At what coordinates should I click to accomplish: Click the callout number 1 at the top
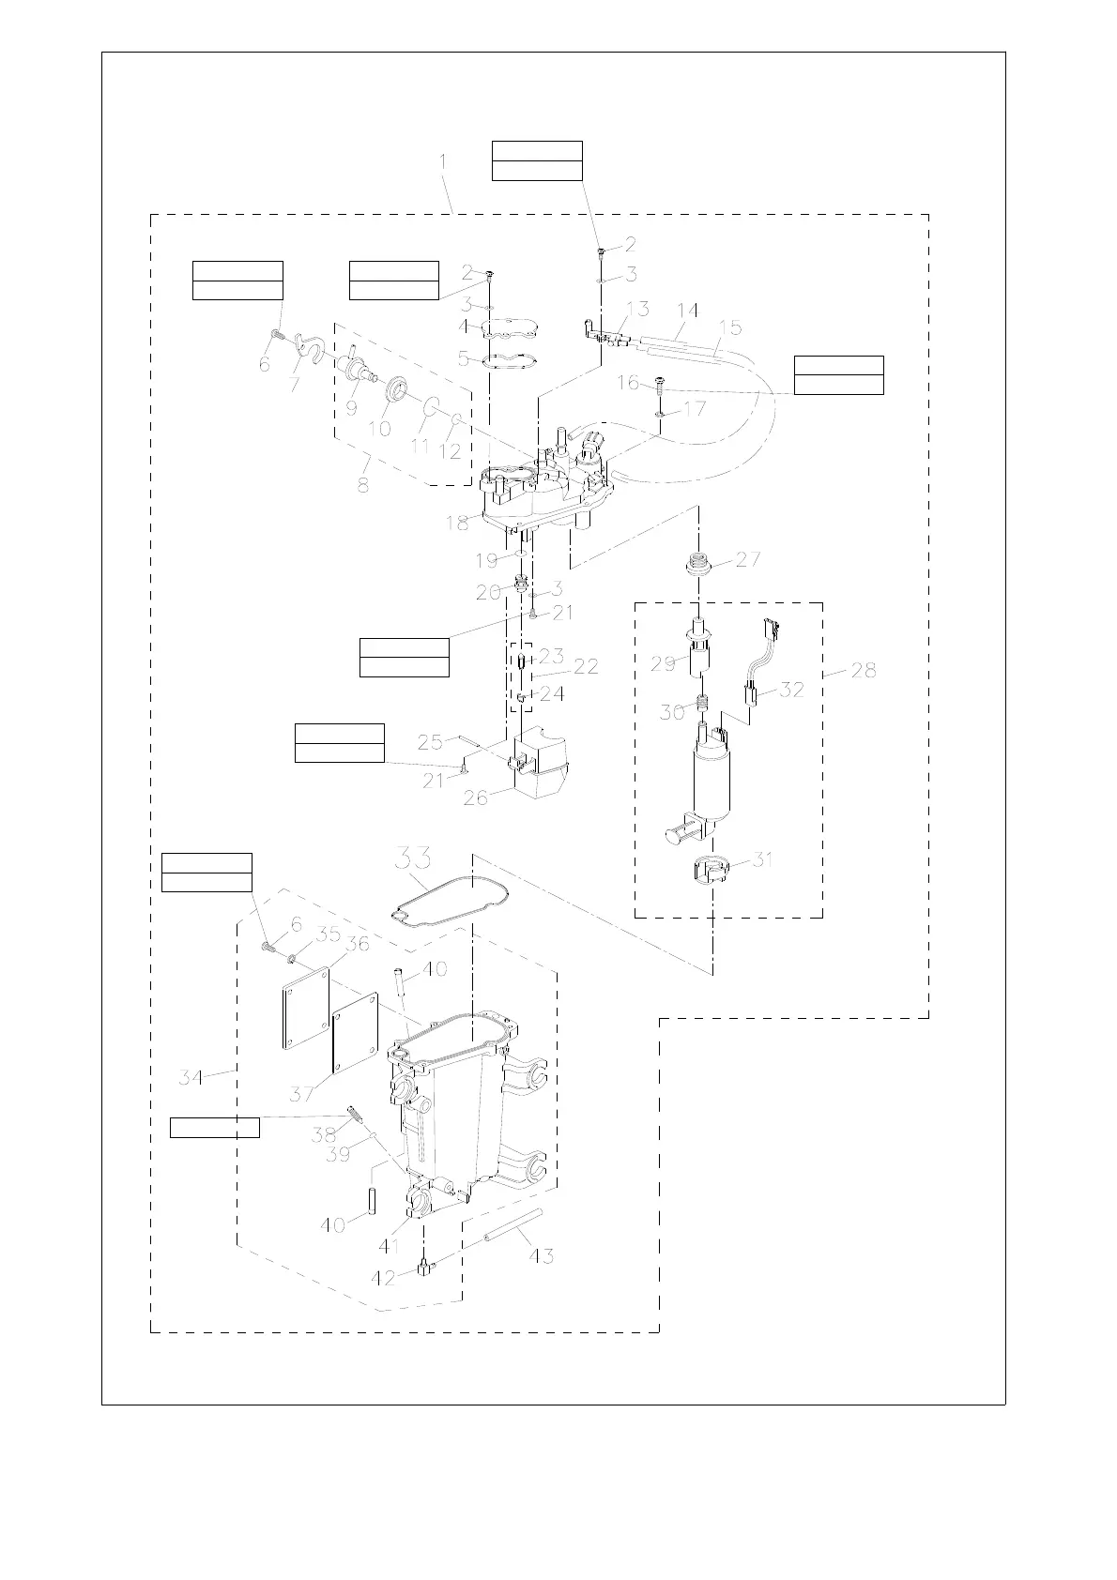tap(443, 162)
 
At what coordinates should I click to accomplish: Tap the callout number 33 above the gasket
tap(412, 858)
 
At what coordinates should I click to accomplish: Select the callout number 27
tap(748, 560)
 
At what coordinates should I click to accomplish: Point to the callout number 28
tap(863, 670)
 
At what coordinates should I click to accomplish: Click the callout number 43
tap(542, 1255)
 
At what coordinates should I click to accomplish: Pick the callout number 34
tap(191, 1077)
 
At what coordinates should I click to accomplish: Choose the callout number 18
tap(457, 523)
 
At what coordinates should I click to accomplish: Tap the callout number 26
tap(476, 798)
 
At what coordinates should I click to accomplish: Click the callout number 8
tap(362, 485)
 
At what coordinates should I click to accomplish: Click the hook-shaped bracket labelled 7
tap(306, 354)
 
